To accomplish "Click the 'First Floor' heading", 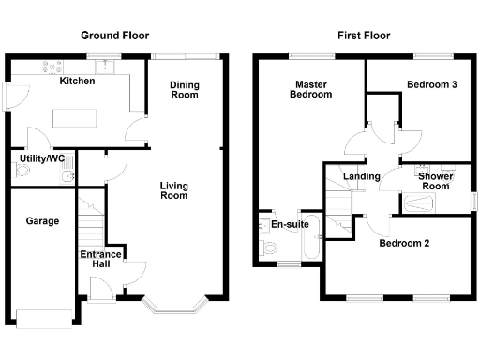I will [x=364, y=36].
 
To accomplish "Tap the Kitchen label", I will [x=77, y=82].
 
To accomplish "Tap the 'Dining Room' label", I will [x=184, y=90].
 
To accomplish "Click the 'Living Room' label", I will [x=173, y=189].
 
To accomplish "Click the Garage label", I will [x=42, y=222].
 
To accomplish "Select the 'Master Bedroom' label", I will [x=310, y=89].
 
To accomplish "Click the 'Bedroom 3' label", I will [x=431, y=85].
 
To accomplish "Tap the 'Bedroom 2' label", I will [x=404, y=244].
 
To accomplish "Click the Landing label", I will [x=361, y=176].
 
